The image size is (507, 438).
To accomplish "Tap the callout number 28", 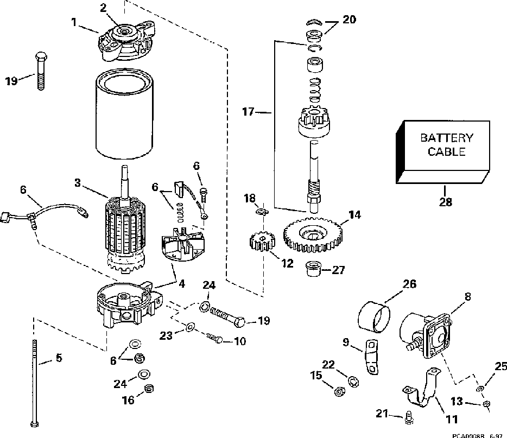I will pyautogui.click(x=445, y=202).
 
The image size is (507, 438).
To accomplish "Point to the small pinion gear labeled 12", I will pyautogui.click(x=261, y=242).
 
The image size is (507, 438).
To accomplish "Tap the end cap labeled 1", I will pyautogui.click(x=124, y=42).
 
